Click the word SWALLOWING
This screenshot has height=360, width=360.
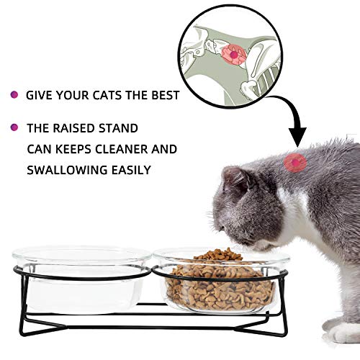tap(63, 171)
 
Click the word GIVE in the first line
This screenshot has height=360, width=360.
tap(37, 94)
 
